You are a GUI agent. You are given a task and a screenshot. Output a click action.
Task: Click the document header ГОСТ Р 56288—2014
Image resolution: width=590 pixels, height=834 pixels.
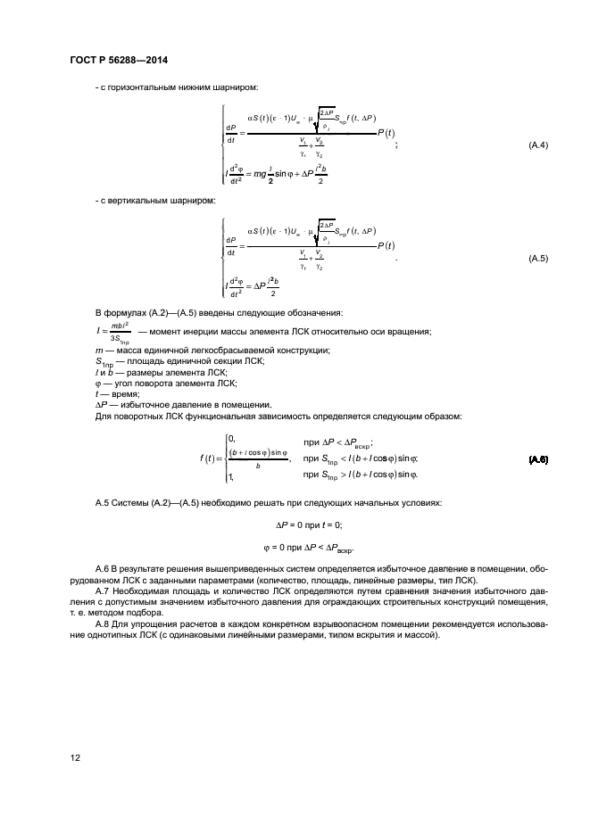coord(118,60)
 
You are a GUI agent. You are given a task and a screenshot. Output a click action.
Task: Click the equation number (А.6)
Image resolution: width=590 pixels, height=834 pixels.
coord(538,459)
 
